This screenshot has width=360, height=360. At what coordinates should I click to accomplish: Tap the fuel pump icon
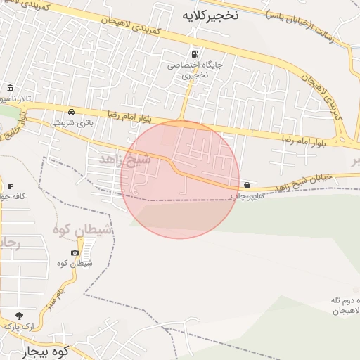click(194, 55)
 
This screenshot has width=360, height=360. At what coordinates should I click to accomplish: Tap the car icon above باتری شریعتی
click(72, 112)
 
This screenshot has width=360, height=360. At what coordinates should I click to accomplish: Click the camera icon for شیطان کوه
click(75, 253)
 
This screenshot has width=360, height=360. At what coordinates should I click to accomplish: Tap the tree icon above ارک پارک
click(18, 316)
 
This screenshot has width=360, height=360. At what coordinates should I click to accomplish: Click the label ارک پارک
click(18, 326)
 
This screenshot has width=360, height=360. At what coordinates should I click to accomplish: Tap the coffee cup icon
click(10, 186)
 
